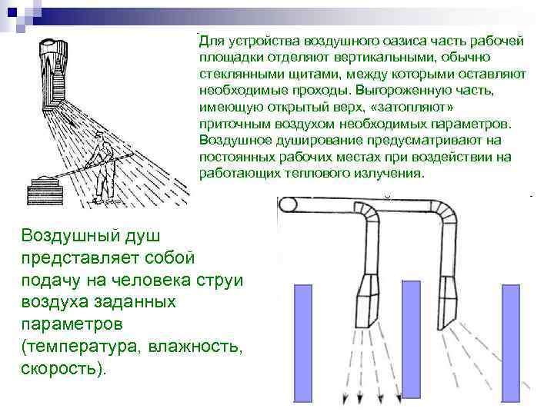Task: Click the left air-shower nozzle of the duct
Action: (373, 291)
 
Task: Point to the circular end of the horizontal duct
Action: (289, 206)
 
